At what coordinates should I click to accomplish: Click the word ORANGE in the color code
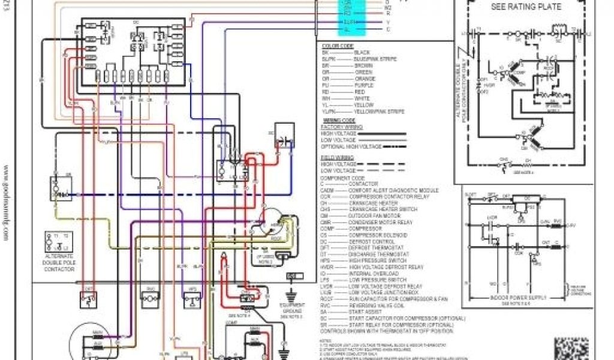point(364,79)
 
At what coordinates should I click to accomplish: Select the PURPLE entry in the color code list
point(364,85)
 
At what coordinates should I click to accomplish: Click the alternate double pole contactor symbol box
point(58,239)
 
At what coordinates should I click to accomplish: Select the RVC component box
point(150,295)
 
